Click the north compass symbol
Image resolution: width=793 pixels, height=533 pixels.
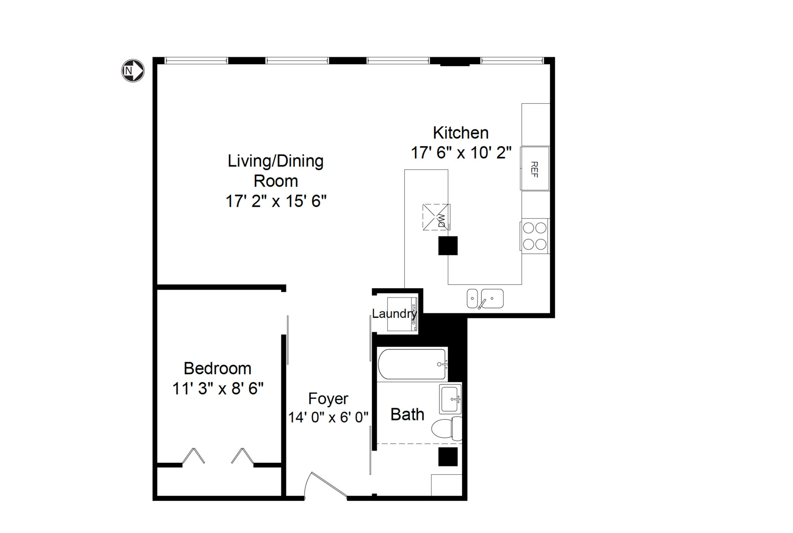(x=133, y=71)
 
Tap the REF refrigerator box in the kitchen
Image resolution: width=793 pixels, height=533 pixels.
(x=535, y=168)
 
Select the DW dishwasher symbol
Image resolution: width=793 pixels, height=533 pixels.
(x=436, y=217)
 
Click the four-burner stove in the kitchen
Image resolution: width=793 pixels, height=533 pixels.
(x=535, y=236)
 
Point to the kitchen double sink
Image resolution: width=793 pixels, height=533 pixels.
(x=485, y=299)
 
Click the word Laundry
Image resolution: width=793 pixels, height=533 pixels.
(x=394, y=313)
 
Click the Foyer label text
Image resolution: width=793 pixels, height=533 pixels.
(x=328, y=398)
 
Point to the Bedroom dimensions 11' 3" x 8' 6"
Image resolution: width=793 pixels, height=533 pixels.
(x=218, y=388)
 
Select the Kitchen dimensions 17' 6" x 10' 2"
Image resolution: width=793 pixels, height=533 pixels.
(x=461, y=152)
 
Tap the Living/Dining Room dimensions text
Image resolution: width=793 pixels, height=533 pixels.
(x=276, y=201)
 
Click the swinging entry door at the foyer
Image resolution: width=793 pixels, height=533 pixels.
(x=326, y=485)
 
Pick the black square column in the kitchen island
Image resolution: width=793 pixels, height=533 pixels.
(x=448, y=246)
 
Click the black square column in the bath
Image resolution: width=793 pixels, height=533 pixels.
(x=448, y=457)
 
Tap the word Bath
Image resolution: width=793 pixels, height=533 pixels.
(x=407, y=414)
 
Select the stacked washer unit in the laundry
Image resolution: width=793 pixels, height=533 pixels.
(x=402, y=314)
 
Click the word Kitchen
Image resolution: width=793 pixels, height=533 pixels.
(x=461, y=132)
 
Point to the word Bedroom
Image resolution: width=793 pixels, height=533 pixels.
(x=218, y=368)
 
